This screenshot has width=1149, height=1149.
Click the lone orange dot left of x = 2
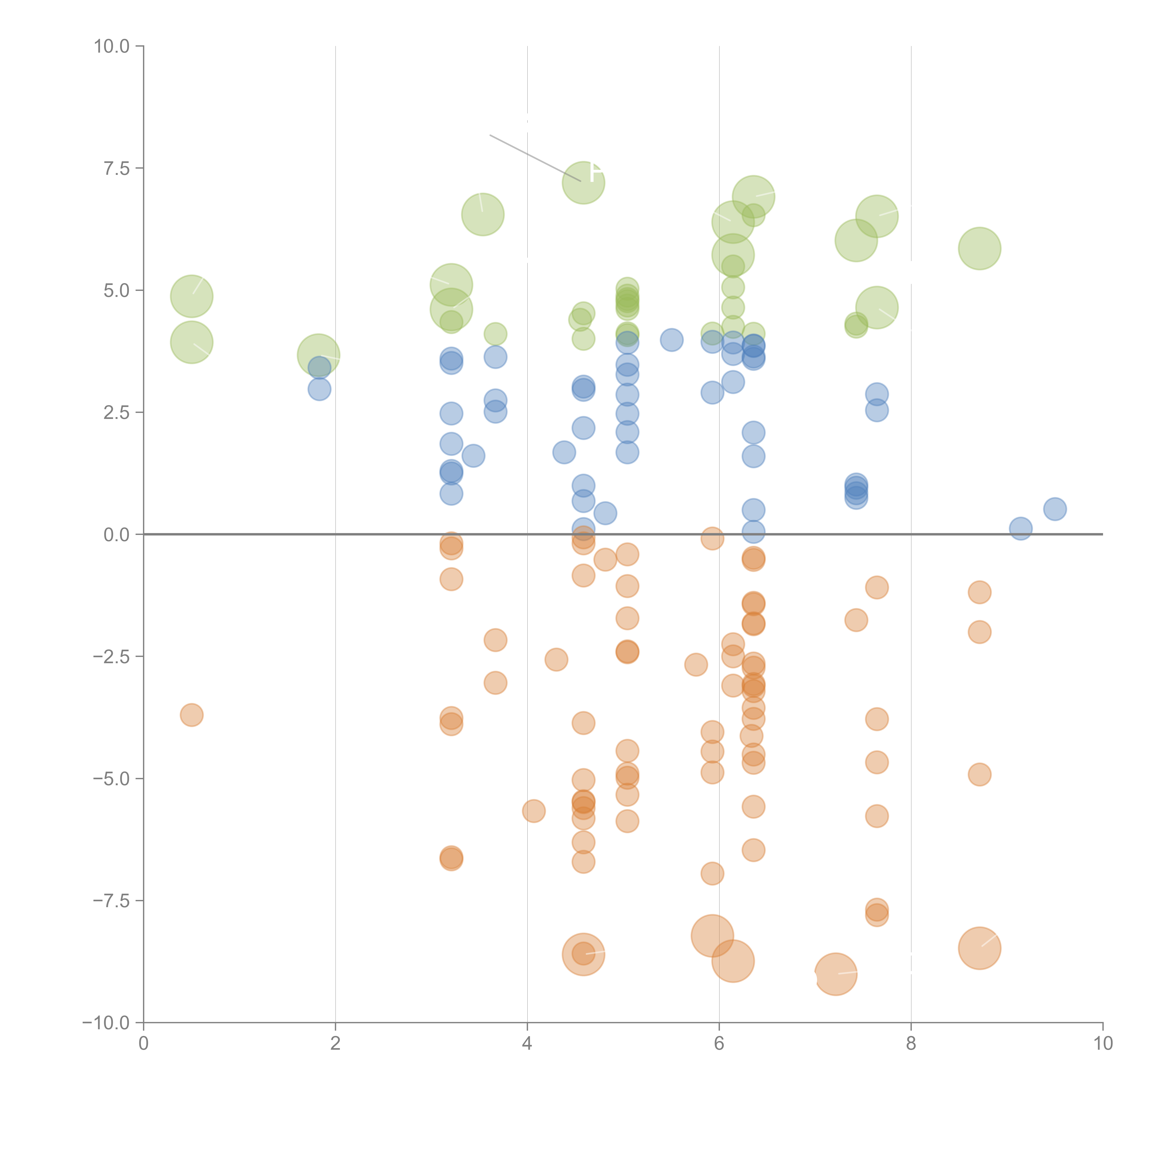click(x=191, y=715)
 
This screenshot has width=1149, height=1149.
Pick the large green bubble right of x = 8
click(x=979, y=249)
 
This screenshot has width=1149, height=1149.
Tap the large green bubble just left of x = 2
click(x=318, y=355)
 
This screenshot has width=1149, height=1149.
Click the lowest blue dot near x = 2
click(x=319, y=390)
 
